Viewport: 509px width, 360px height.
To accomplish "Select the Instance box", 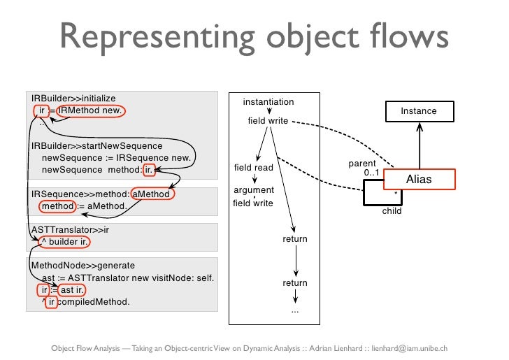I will click(x=419, y=111).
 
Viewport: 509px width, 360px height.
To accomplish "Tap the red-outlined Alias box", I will click(x=419, y=180).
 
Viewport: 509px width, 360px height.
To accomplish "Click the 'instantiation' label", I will click(x=268, y=102).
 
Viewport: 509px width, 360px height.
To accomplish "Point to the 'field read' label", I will click(x=253, y=168).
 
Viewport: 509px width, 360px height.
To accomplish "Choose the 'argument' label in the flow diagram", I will click(x=253, y=190).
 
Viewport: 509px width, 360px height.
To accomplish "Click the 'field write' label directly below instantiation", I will click(x=268, y=121).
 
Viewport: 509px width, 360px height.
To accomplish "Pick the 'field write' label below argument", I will click(x=253, y=203).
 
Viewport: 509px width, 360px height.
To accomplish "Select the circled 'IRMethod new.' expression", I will click(x=90, y=110).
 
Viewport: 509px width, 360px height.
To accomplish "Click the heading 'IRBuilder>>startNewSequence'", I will click(x=96, y=146).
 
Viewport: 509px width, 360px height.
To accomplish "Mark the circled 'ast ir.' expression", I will click(x=72, y=290).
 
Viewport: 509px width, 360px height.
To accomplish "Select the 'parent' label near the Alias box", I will click(x=361, y=164).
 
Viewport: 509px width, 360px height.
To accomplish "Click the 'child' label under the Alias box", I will click(x=392, y=211).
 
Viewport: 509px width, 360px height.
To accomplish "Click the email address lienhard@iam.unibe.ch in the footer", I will click(x=417, y=347).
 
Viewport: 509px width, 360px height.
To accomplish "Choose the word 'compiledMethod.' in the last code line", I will click(x=93, y=302).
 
